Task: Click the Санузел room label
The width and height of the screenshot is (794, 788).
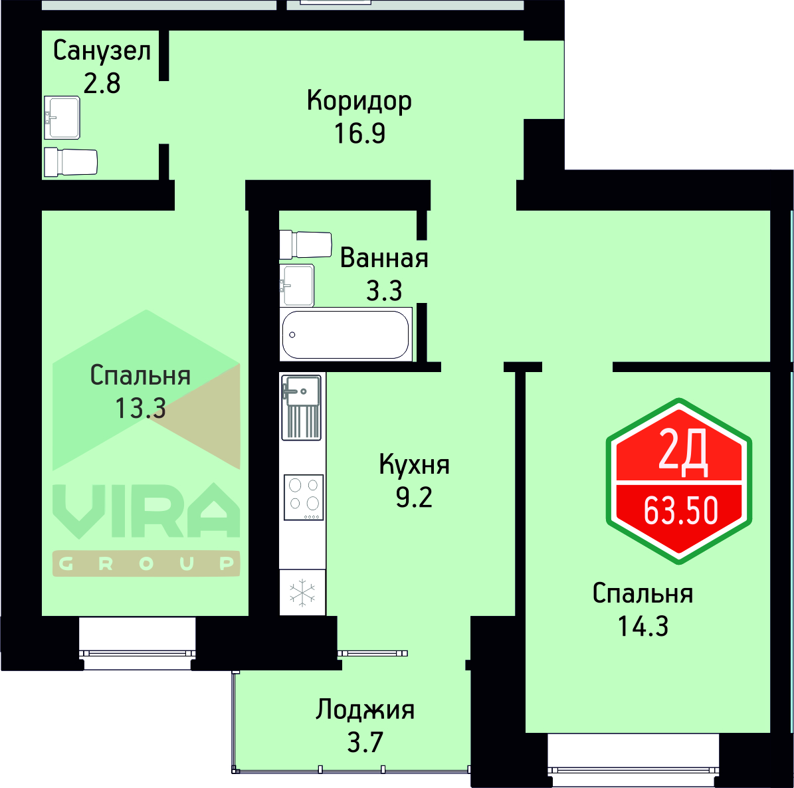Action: pyautogui.click(x=102, y=50)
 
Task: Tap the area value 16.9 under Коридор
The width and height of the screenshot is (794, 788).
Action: pyautogui.click(x=359, y=134)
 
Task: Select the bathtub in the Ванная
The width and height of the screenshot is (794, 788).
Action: pyautogui.click(x=346, y=334)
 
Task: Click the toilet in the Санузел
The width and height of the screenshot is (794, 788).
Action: pyautogui.click(x=70, y=162)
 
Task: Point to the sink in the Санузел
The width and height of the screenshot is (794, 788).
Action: pyautogui.click(x=62, y=118)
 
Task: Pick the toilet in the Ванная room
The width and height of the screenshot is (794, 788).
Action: pyautogui.click(x=306, y=244)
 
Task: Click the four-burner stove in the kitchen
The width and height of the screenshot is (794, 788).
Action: pyautogui.click(x=304, y=497)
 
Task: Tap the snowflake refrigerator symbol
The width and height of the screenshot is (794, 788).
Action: pyautogui.click(x=303, y=592)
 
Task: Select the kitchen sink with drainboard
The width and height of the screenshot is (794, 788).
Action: pyautogui.click(x=302, y=407)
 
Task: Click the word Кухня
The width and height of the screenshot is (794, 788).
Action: pyautogui.click(x=414, y=464)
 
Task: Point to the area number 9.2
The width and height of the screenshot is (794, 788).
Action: pyautogui.click(x=414, y=497)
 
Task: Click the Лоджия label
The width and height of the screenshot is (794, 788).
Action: pyautogui.click(x=365, y=710)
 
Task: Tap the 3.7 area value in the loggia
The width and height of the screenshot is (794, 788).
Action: pyautogui.click(x=365, y=742)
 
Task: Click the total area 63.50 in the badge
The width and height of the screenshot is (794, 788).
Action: pyautogui.click(x=681, y=511)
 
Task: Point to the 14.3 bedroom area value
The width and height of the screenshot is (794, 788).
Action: pyautogui.click(x=643, y=626)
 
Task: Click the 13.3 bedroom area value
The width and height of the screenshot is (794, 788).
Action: pyautogui.click(x=140, y=408)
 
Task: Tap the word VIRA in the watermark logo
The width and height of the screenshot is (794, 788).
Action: pyautogui.click(x=146, y=510)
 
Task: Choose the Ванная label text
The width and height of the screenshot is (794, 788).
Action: pyautogui.click(x=384, y=258)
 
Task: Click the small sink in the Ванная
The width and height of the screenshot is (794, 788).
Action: pyautogui.click(x=296, y=286)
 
